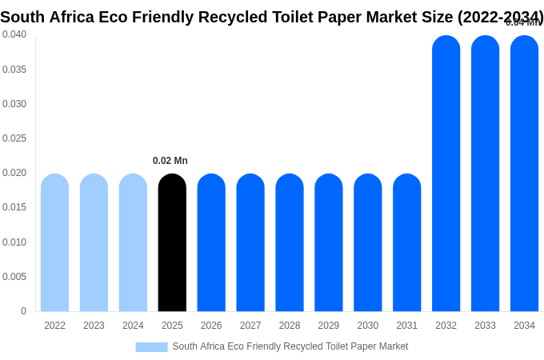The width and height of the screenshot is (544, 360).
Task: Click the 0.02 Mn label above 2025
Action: pyautogui.click(x=170, y=161)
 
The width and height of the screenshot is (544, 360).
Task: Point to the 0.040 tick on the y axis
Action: pyautogui.click(x=14, y=34)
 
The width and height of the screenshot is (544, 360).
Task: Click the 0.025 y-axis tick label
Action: pyautogui.click(x=14, y=138)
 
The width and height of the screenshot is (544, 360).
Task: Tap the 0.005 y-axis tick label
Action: pyautogui.click(x=14, y=277)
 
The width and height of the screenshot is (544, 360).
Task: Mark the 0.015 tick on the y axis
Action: pyautogui.click(x=14, y=207)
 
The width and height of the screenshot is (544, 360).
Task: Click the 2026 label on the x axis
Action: pyautogui.click(x=211, y=326)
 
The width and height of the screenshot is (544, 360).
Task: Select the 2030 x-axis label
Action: pyautogui.click(x=368, y=326)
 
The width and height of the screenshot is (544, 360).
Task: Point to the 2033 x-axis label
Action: pyautogui.click(x=485, y=326)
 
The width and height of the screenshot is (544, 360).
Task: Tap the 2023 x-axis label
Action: pyautogui.click(x=94, y=326)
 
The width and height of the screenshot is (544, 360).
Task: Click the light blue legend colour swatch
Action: pyautogui.click(x=151, y=347)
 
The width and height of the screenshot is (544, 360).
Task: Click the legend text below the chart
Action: pyautogui.click(x=290, y=346)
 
